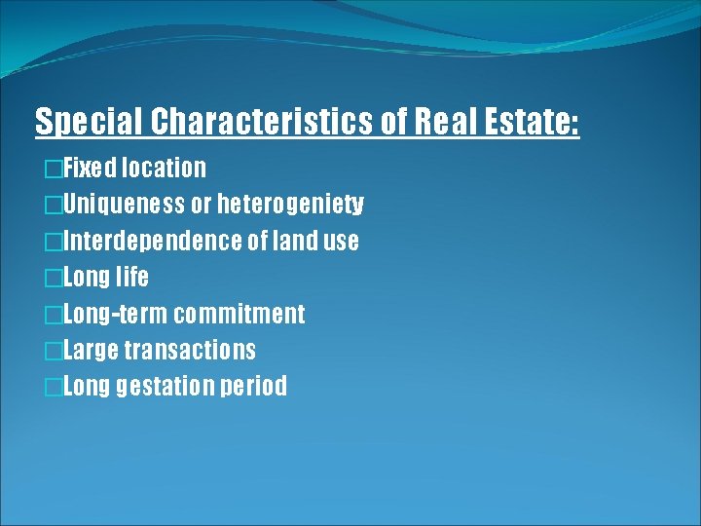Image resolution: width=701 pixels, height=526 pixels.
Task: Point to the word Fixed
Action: [x=89, y=169]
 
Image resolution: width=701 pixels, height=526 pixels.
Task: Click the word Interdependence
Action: [x=153, y=241]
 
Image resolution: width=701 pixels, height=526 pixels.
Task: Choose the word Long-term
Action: [x=115, y=314]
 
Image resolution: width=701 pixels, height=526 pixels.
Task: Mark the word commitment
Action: [x=240, y=314]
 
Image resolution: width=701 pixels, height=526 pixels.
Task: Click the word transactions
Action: [x=190, y=350]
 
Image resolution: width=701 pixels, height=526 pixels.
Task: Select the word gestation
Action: [x=165, y=387]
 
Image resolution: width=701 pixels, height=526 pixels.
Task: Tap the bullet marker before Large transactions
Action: [x=53, y=351]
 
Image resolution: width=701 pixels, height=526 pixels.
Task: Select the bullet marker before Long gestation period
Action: [x=53, y=388]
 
